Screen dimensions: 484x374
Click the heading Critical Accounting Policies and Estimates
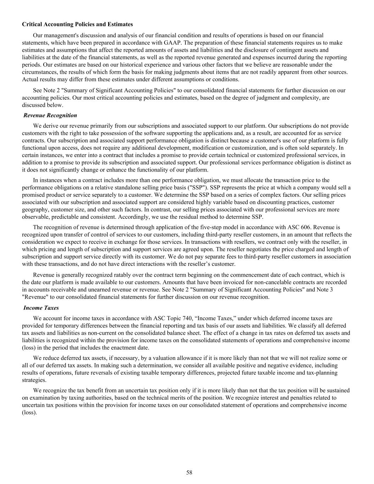(x=77, y=24)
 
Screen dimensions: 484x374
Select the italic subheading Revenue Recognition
(x=50, y=115)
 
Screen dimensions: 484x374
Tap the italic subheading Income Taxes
(x=41, y=308)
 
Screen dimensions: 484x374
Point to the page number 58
(x=189, y=472)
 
